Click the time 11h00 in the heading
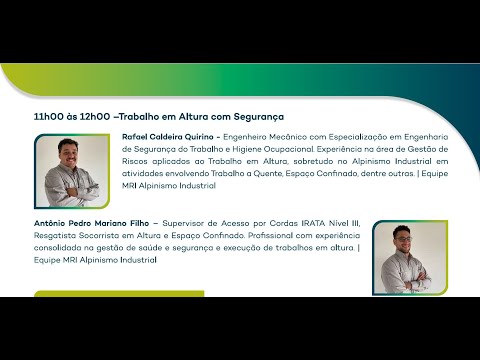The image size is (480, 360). (48, 117)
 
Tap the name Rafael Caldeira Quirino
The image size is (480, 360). (168, 137)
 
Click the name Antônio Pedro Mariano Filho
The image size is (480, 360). (91, 223)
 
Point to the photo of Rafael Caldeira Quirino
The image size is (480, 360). (72, 171)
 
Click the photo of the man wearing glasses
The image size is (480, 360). (410, 258)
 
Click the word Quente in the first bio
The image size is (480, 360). (267, 173)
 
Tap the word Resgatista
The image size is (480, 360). (55, 235)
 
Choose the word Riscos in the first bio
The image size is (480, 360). (135, 161)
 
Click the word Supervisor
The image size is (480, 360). (183, 223)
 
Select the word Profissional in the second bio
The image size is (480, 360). (270, 235)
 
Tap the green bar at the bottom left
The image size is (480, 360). (119, 294)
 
